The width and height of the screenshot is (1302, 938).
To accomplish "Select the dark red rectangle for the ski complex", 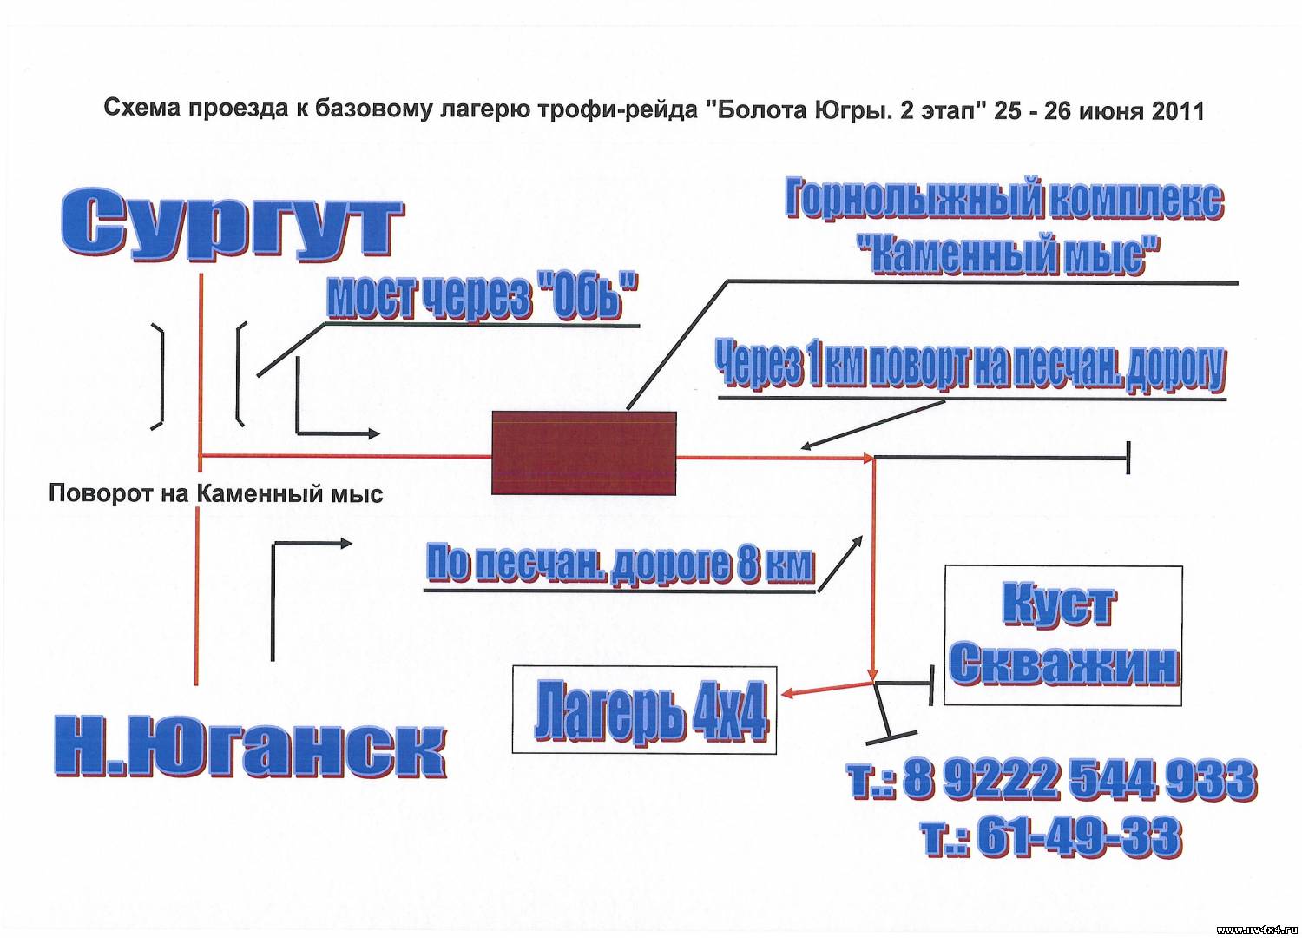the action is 583,453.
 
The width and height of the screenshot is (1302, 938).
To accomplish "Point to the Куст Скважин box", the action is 1063,636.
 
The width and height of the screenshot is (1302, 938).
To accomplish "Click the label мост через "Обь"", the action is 482,296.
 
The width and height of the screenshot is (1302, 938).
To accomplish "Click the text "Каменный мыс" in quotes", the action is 1009,254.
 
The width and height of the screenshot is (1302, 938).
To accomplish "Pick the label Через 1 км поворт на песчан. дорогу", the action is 970,367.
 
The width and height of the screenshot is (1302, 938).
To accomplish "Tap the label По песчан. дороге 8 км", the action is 620,562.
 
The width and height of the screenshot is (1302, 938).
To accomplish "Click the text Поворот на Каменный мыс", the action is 215,493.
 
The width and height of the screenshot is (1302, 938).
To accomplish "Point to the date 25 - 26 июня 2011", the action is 1098,110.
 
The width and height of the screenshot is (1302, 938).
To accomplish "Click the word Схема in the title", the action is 142,109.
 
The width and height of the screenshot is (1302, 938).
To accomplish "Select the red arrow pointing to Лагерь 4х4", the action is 827,687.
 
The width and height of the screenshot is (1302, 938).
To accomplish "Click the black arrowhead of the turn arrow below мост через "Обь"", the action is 374,433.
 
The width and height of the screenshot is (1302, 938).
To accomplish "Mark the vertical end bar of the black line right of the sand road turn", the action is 1128,458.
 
